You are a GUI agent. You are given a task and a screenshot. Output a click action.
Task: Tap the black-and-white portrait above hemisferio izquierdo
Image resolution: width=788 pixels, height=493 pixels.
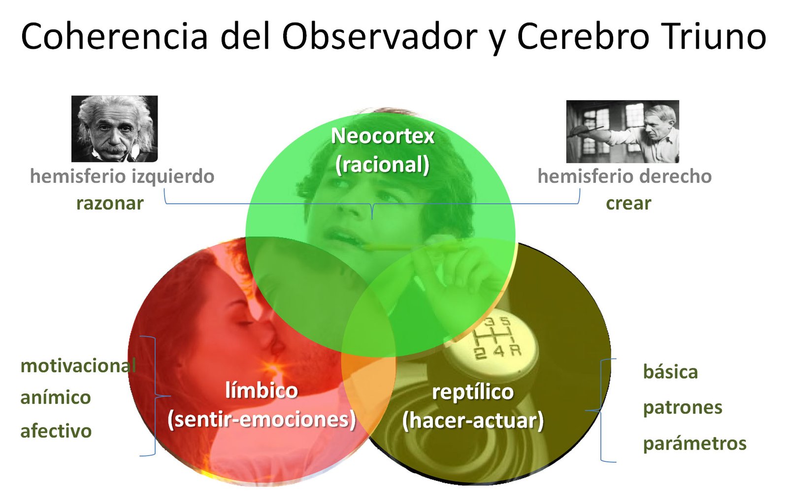point(115,129)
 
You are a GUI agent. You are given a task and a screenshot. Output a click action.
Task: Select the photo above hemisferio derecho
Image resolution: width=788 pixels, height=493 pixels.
point(623,132)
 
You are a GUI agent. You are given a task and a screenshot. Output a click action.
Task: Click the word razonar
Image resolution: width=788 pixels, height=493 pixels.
point(110,204)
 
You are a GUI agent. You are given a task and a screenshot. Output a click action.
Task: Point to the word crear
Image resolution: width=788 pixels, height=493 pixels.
point(628,204)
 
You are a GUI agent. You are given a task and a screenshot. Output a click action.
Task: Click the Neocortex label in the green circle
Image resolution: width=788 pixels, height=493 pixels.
point(383,136)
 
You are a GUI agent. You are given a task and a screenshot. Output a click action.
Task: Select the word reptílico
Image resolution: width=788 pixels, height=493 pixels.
point(473,392)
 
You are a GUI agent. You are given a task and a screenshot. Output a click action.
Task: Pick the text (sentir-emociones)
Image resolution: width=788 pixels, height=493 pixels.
point(262,420)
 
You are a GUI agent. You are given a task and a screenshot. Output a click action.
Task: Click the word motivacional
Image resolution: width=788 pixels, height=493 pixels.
point(78,366)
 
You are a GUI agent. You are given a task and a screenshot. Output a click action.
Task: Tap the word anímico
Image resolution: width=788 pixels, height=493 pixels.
point(56,397)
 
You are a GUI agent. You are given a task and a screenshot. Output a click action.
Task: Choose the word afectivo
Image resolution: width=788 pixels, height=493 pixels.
point(56,431)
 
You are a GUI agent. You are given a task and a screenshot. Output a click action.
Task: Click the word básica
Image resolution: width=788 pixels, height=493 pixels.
point(670,372)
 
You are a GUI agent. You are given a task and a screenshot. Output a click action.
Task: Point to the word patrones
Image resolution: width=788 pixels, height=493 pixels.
point(683,408)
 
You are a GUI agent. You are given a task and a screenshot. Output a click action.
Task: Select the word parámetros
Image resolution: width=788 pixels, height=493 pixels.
point(695,444)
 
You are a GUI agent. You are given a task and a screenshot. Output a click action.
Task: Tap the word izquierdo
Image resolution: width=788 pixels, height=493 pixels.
point(173,176)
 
